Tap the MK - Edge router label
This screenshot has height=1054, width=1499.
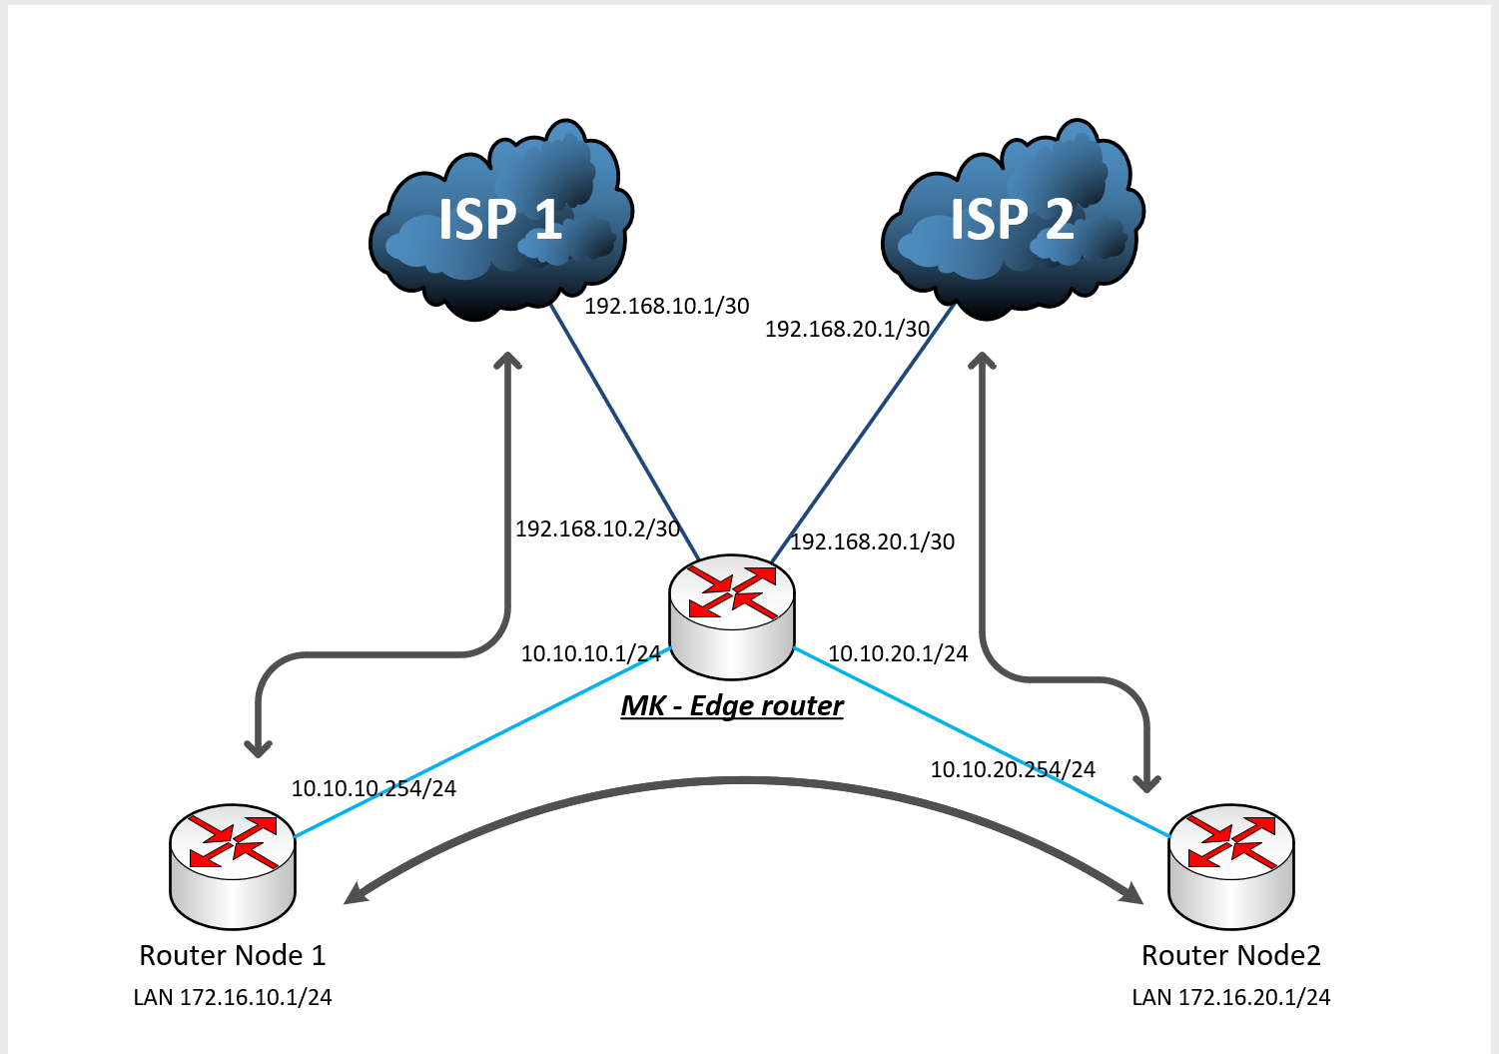click(732, 705)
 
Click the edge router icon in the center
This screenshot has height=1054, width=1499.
click(732, 615)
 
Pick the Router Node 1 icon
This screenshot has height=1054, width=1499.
click(233, 865)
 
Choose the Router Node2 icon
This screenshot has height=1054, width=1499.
click(1231, 865)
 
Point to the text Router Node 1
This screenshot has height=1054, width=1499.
click(233, 955)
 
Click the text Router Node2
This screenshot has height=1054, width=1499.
click(1230, 955)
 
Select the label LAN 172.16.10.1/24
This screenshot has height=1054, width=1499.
click(233, 997)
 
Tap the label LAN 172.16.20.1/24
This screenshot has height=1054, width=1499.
click(1230, 997)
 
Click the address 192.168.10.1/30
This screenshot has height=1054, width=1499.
click(666, 306)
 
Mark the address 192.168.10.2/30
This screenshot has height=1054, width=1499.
click(597, 528)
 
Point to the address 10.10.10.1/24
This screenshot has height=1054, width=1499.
click(590, 653)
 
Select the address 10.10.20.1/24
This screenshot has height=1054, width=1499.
click(898, 653)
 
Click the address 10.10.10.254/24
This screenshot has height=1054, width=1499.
click(374, 788)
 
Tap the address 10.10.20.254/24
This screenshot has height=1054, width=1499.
click(1013, 769)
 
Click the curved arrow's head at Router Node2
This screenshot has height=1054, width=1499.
click(1133, 892)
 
